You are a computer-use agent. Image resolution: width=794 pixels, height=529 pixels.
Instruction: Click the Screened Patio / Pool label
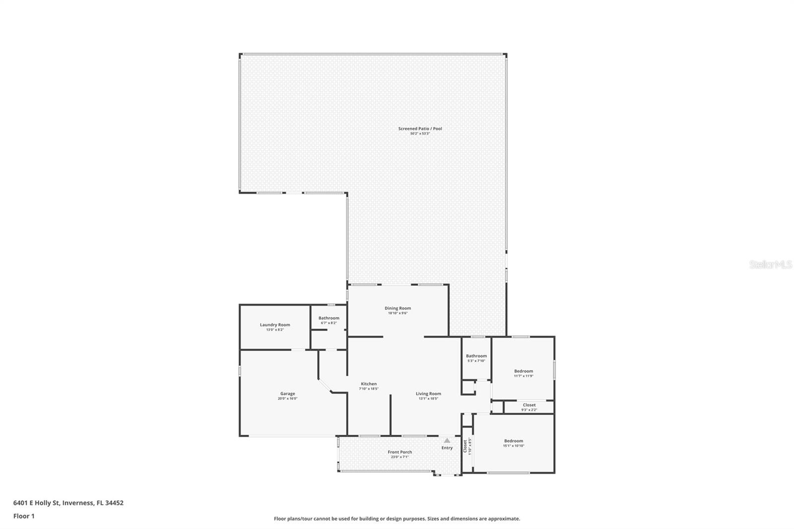pyautogui.click(x=420, y=129)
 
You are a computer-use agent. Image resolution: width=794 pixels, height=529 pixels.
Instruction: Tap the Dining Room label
pyautogui.click(x=397, y=308)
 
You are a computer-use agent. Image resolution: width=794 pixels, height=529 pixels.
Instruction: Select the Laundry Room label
pyautogui.click(x=275, y=325)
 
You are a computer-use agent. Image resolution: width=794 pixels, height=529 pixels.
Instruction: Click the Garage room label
pyautogui.click(x=287, y=394)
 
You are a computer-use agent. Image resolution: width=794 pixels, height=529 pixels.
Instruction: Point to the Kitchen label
pyautogui.click(x=369, y=384)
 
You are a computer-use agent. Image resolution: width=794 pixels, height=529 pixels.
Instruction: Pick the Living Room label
pyautogui.click(x=428, y=394)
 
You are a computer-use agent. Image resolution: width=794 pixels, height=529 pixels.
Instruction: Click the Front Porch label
pyautogui.click(x=399, y=452)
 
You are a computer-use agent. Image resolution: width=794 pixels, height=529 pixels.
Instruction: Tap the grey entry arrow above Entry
pyautogui.click(x=447, y=440)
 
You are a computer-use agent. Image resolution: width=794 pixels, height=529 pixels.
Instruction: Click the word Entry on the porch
pyautogui.click(x=447, y=448)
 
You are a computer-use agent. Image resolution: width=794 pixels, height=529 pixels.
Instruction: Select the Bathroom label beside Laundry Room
pyautogui.click(x=329, y=318)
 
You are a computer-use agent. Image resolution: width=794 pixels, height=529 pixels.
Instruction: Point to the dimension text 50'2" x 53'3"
pyautogui.click(x=420, y=133)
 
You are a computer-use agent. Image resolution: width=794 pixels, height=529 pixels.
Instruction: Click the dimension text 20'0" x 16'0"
pyautogui.click(x=287, y=398)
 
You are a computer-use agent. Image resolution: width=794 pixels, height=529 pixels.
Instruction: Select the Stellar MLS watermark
pyautogui.click(x=770, y=265)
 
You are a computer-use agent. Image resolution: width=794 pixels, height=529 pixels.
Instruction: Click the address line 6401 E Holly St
pyautogui.click(x=68, y=503)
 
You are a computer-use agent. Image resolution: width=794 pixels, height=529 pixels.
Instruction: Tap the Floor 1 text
pyautogui.click(x=24, y=516)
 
